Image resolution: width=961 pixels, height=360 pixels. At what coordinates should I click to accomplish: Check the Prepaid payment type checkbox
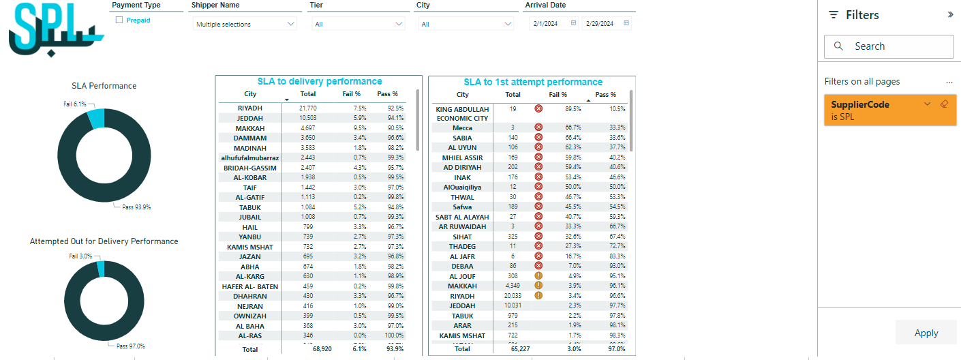[119, 20]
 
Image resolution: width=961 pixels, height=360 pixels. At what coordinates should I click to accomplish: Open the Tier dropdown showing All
[359, 25]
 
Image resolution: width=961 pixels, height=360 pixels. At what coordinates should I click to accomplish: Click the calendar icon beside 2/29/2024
[626, 23]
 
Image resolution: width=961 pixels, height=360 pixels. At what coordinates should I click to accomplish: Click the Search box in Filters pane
[889, 46]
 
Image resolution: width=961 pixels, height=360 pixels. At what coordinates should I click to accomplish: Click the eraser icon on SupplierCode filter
[944, 104]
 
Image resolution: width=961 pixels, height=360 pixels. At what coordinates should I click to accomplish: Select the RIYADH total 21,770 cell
[308, 108]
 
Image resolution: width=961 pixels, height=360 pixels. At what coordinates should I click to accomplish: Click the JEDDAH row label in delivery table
[250, 118]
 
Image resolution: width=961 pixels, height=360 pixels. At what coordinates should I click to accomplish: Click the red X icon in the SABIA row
[538, 138]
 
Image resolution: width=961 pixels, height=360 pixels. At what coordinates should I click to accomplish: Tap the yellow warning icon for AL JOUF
[538, 276]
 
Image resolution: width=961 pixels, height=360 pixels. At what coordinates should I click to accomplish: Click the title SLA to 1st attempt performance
[533, 82]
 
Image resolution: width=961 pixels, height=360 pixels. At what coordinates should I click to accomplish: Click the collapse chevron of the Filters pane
[951, 14]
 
